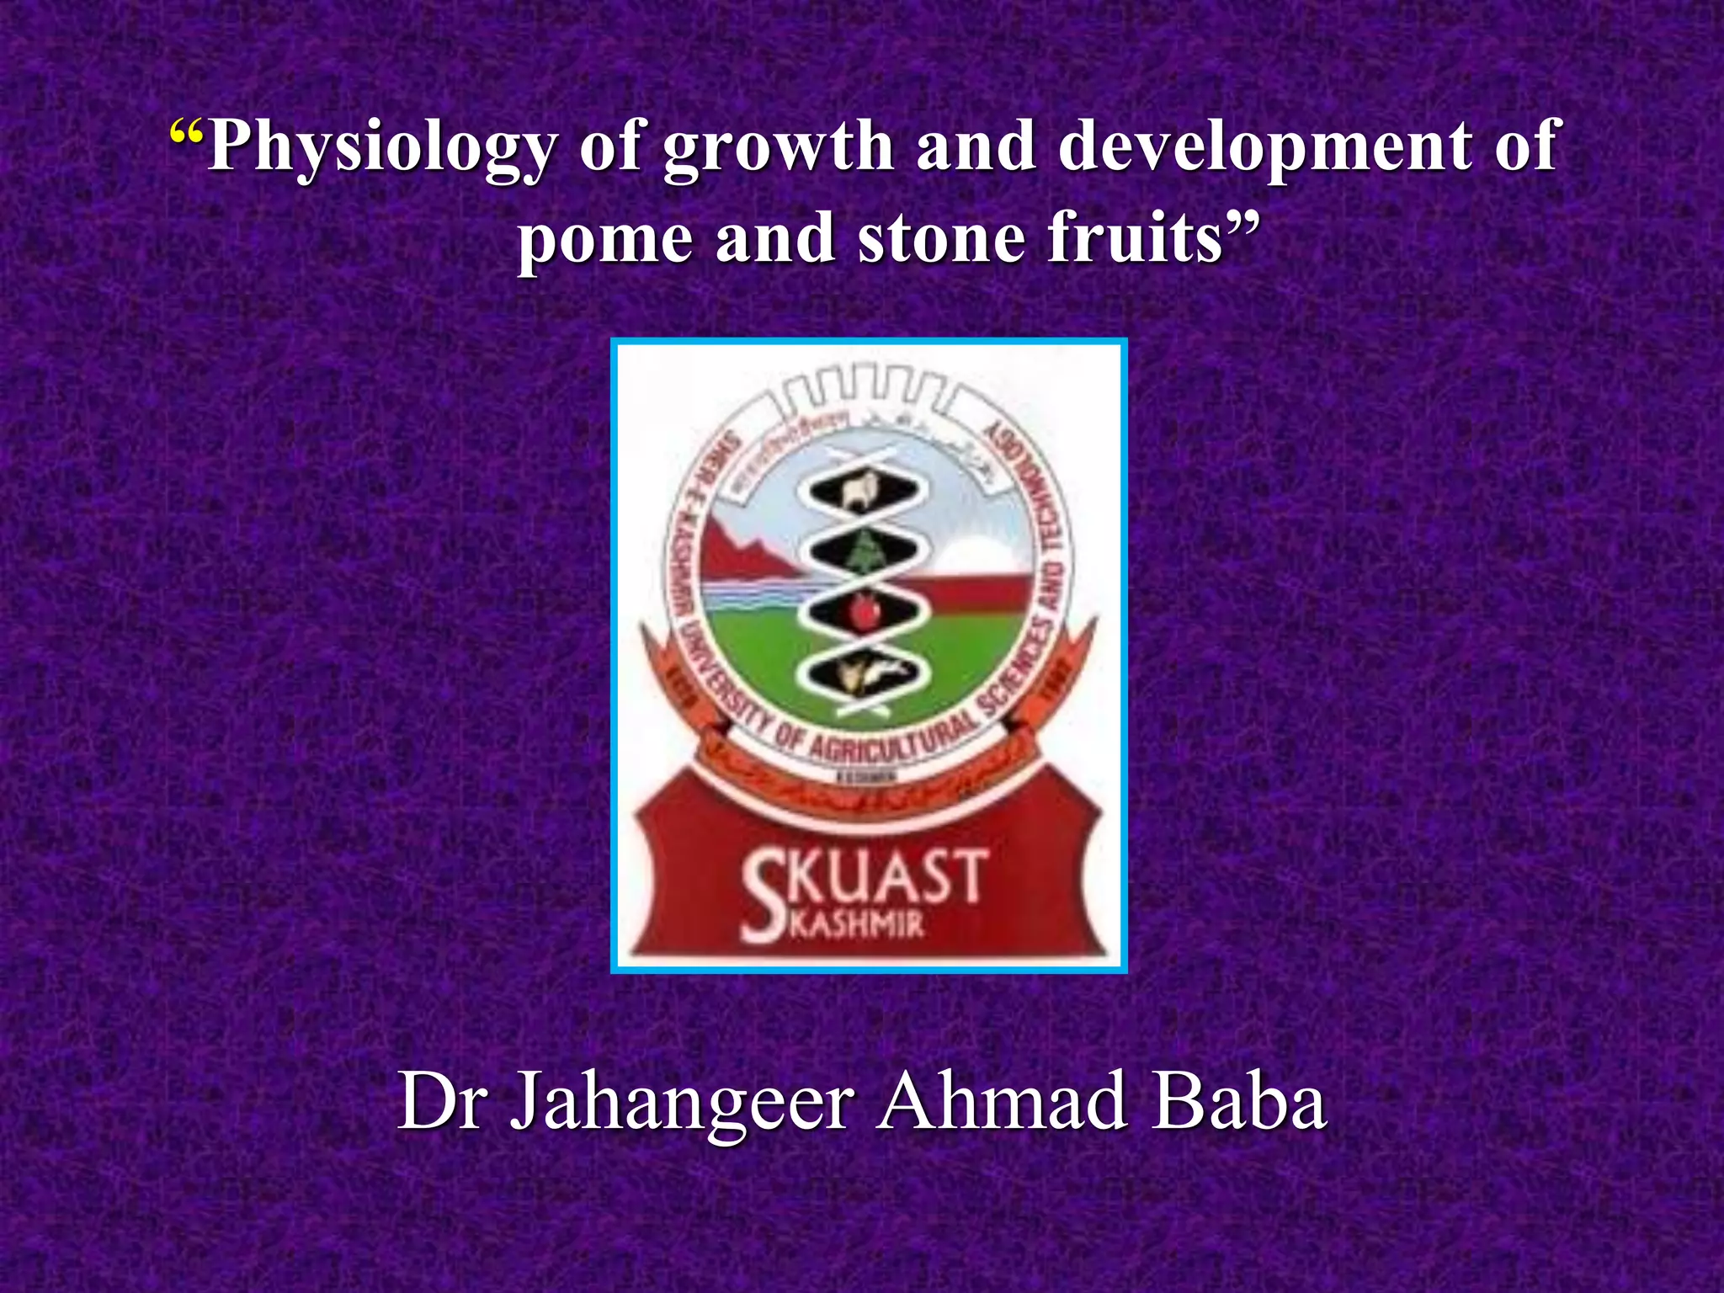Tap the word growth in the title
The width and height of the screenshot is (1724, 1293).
tap(778, 148)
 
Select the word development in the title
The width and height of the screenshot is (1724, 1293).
tap(1254, 148)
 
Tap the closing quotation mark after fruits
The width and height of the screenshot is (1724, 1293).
tap(1242, 226)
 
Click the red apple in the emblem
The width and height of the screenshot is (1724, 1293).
tap(863, 610)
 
